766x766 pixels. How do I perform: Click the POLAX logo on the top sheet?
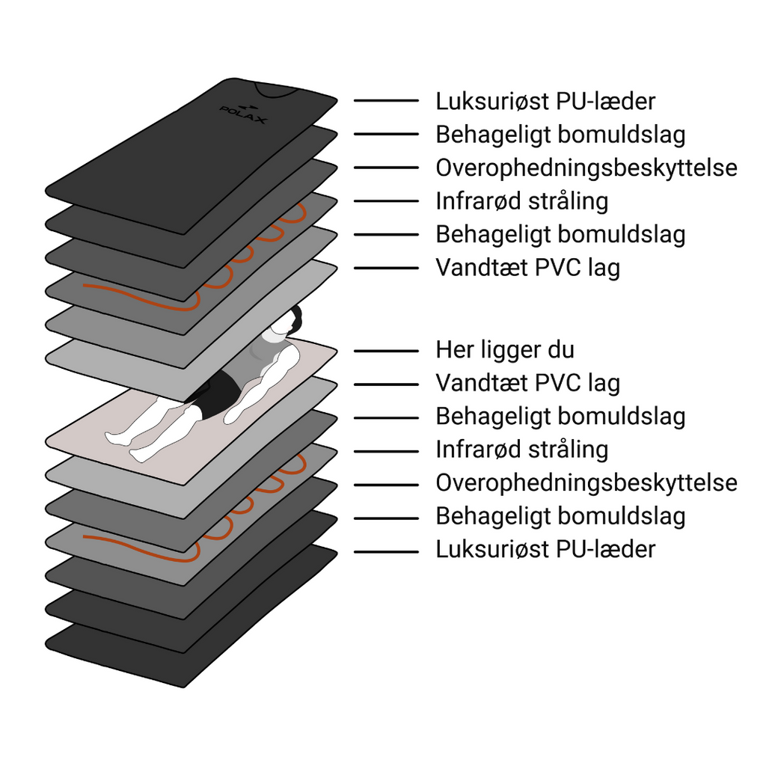pos(243,114)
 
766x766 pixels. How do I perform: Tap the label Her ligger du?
pos(505,350)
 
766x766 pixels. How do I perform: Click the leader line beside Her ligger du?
pos(386,351)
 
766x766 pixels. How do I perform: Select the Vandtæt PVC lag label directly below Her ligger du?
pos(527,384)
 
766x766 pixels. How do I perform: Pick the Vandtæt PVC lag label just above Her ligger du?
pos(527,268)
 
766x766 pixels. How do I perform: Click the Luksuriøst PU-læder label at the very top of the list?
pos(545,101)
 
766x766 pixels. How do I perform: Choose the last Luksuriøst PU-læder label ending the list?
pos(545,550)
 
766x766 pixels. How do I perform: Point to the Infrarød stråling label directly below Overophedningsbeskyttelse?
pos(521,201)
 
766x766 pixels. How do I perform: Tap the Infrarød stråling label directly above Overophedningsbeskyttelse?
pos(521,450)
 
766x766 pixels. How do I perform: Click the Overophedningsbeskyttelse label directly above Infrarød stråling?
pos(586,168)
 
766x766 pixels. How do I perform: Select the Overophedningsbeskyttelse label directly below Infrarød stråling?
pos(586,483)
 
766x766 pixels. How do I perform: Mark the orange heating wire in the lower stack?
pos(142,547)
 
